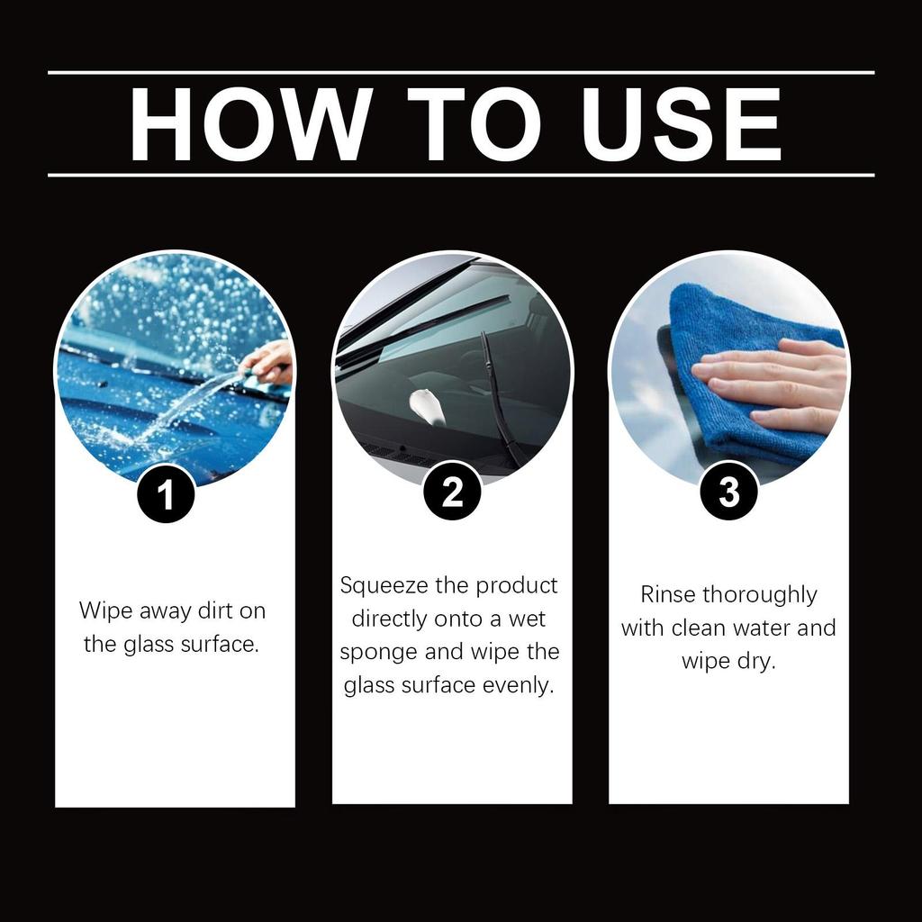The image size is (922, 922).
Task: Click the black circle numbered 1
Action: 166,494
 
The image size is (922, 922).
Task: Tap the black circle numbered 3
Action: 728,492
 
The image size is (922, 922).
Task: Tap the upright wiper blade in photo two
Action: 500,396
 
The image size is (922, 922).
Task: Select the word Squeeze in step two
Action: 385,586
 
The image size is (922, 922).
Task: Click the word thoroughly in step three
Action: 759,595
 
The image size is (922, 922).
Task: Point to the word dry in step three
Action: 755,662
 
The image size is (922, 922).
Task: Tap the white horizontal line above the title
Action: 461,72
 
